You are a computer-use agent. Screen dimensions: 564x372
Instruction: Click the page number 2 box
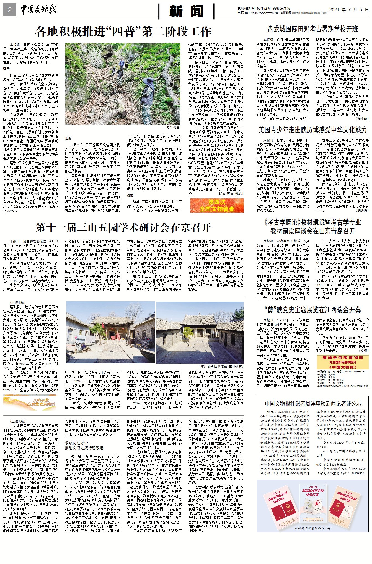pos(10,11)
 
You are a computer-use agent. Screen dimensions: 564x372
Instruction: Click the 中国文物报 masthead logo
pos(38,10)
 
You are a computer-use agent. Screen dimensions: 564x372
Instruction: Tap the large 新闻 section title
pos(186,11)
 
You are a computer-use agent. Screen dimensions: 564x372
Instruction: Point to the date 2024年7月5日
pos(349,9)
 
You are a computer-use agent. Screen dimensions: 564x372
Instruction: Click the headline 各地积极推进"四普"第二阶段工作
pos(123,32)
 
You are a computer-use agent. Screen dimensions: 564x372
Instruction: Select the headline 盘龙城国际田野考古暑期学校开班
pos(312,29)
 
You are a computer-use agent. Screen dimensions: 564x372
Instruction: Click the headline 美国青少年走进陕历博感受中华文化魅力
pos(312,130)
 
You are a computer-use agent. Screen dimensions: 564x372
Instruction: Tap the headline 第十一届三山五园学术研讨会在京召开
pos(123,228)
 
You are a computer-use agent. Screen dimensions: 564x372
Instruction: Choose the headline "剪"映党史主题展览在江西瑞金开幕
pos(312,310)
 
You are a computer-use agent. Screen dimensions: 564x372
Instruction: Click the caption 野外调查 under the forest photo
pos(173,127)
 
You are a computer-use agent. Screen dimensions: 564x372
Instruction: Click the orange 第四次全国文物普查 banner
pos(217,205)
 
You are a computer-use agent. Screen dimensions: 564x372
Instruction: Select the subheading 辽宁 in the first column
pos(6,69)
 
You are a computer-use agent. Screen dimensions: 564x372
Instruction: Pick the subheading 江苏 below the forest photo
pos(68,138)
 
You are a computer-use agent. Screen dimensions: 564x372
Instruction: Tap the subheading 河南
pos(130,195)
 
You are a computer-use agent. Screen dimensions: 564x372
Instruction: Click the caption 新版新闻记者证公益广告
pos(312,528)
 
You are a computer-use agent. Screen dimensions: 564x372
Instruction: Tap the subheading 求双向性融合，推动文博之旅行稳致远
pos(84,445)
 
